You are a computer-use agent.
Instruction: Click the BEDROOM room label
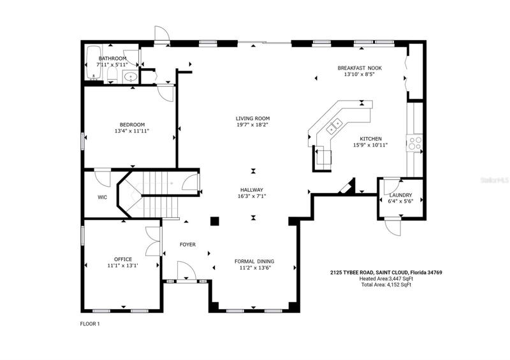click(132, 124)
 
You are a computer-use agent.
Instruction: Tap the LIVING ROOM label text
click(252, 119)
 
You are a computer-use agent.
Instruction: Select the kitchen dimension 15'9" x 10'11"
click(370, 145)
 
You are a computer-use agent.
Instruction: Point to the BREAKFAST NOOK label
click(360, 68)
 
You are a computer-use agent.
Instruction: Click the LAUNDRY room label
click(401, 195)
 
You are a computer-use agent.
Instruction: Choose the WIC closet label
click(102, 197)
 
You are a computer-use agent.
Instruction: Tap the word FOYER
click(187, 245)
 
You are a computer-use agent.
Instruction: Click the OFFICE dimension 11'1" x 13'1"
click(123, 265)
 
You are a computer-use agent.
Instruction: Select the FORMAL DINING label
click(254, 261)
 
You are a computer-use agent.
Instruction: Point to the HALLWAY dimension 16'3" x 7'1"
click(252, 196)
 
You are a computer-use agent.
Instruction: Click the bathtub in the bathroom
click(93, 62)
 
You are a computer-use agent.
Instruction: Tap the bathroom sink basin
click(131, 76)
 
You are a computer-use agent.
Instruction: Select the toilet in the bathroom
click(112, 75)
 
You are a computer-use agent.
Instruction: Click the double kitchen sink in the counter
click(334, 126)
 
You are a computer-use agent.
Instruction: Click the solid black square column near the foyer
click(215, 221)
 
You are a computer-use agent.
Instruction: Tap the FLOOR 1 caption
click(90, 324)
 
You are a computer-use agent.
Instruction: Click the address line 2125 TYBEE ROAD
click(386, 273)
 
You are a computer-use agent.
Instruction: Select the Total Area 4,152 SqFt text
click(386, 285)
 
